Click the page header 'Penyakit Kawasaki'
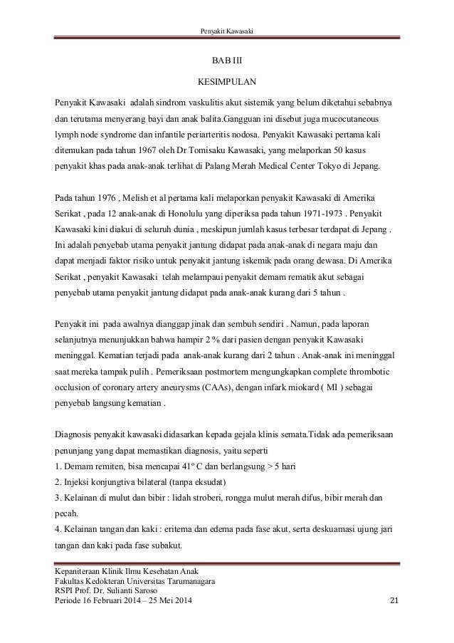(x=227, y=29)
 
